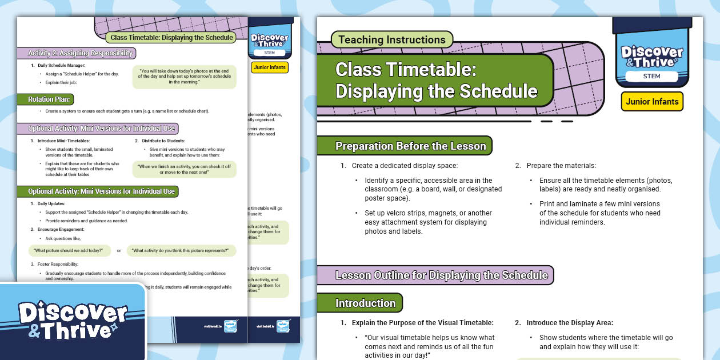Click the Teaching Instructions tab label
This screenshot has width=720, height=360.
point(392,40)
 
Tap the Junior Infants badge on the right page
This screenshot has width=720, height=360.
point(652,102)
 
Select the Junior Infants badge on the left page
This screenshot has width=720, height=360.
point(269,67)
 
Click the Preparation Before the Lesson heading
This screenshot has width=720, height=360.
point(410,146)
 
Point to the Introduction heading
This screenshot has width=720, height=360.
point(365,303)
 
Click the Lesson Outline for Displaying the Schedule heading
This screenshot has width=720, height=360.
point(441,275)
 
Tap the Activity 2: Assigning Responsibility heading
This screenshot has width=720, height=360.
point(81,53)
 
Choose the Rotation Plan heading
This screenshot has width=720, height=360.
point(50,99)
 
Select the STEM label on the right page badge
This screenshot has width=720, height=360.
point(651,76)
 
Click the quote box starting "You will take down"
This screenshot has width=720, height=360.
point(185,77)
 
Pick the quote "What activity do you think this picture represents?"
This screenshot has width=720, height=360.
point(181,250)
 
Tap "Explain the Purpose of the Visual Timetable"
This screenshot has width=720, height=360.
point(422,323)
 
